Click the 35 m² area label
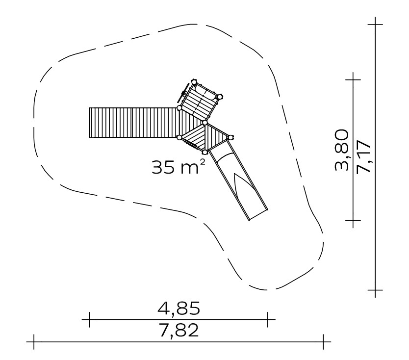tap(179, 167)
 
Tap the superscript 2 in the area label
tap(202, 162)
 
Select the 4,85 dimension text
tap(179, 308)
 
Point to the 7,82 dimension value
tap(179, 330)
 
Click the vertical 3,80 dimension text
tap(341, 150)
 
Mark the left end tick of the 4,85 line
tap(89, 319)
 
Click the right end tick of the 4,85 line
tap(268, 319)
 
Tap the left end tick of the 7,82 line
tap(34, 341)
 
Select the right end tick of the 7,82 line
tap(324, 341)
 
